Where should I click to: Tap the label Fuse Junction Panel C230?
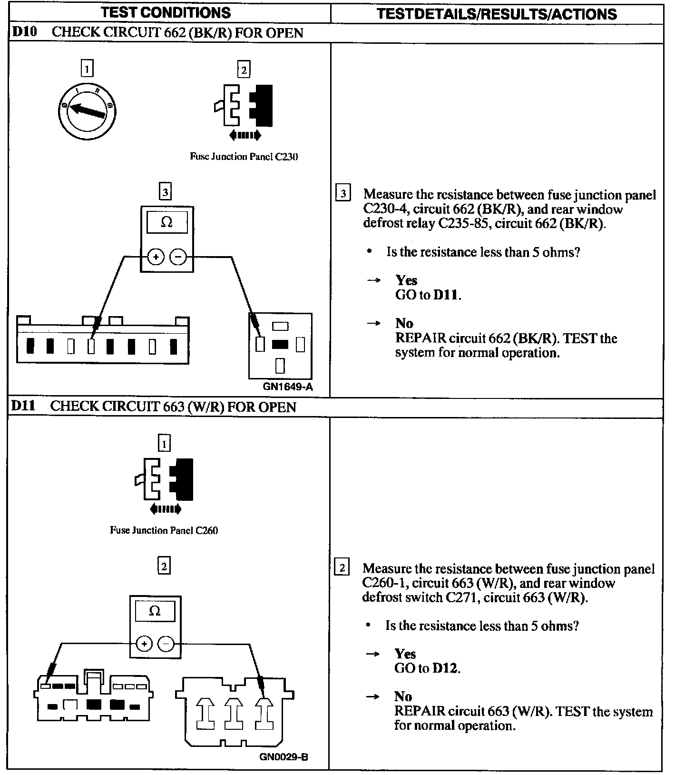(244, 157)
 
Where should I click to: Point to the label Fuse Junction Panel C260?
(164, 530)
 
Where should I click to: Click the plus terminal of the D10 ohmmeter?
(156, 257)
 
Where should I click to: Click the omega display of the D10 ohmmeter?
(166, 222)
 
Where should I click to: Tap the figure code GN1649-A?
(288, 387)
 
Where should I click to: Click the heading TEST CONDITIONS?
(166, 13)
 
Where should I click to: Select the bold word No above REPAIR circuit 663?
(403, 696)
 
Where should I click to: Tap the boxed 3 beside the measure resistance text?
(342, 194)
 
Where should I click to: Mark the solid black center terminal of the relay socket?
(280, 344)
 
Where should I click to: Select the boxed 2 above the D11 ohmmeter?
(164, 566)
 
